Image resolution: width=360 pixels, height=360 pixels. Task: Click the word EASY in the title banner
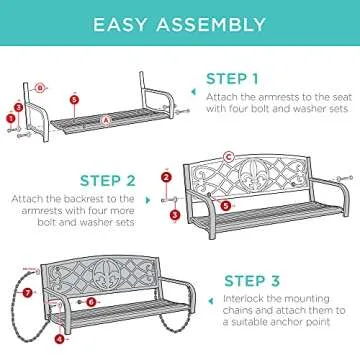click(126, 24)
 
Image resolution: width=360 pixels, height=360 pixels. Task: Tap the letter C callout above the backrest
click(228, 156)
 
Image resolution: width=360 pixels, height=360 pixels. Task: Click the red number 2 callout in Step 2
click(165, 178)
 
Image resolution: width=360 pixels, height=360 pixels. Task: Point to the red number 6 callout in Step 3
click(90, 300)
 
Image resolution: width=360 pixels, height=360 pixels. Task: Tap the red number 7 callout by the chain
click(28, 293)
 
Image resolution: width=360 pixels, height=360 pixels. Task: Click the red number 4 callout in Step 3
click(59, 338)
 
